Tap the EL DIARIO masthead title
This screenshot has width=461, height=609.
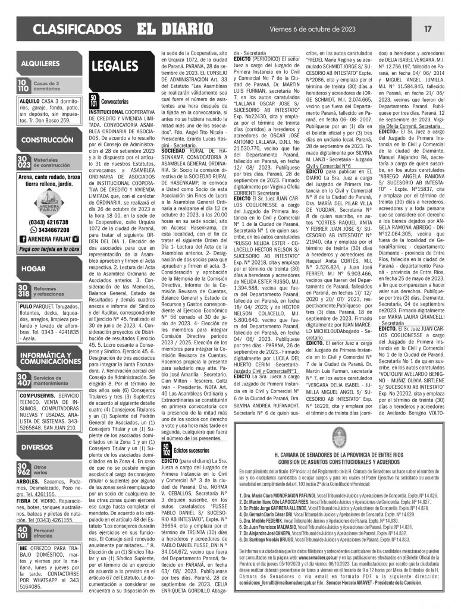171,28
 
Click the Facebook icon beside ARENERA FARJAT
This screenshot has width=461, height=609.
24,239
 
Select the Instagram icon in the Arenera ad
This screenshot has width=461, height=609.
76,239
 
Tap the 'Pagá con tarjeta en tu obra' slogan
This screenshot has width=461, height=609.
49,249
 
